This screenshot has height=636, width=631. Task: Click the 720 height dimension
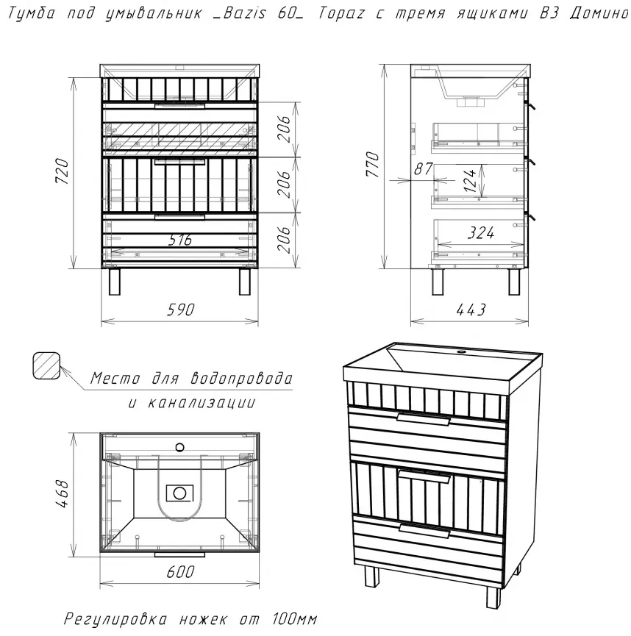click(63, 171)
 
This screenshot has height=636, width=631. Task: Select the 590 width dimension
click(181, 310)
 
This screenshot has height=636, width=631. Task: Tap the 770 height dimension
click(373, 164)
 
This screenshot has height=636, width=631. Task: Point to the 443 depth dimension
click(471, 310)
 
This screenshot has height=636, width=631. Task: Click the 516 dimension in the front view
click(180, 240)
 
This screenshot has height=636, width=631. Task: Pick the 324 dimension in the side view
click(481, 233)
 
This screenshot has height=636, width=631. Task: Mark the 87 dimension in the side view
click(423, 168)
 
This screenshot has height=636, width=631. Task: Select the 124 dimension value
click(469, 180)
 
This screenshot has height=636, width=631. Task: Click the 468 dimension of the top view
click(63, 494)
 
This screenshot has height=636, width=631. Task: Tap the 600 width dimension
click(180, 572)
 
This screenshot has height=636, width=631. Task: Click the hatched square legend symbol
click(46, 365)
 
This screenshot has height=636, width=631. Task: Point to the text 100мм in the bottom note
click(295, 619)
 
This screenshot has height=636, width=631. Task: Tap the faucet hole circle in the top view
click(179, 448)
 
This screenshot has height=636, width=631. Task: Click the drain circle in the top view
click(179, 493)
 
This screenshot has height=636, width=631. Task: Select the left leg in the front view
click(115, 282)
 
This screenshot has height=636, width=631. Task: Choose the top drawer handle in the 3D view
click(424, 419)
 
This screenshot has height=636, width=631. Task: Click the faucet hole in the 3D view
click(460, 351)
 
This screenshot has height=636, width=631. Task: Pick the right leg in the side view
click(514, 282)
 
